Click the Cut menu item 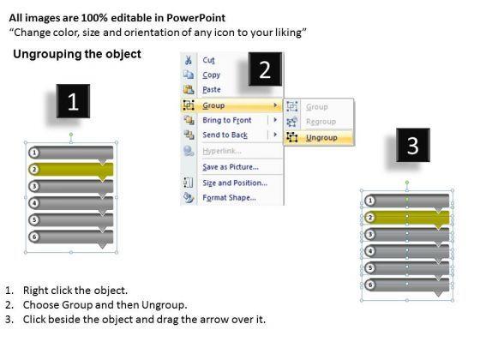pyautogui.click(x=208, y=60)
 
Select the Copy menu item pyautogui.click(x=211, y=75)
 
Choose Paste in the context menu pyautogui.click(x=212, y=90)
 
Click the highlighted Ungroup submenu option pyautogui.click(x=321, y=138)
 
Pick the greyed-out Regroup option pyautogui.click(x=321, y=122)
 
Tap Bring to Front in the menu pyautogui.click(x=227, y=120)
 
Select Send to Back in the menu pyautogui.click(x=225, y=135)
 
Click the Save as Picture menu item pyautogui.click(x=231, y=167)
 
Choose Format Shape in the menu pyautogui.click(x=230, y=198)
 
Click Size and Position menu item pyautogui.click(x=235, y=183)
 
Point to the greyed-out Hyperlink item pyautogui.click(x=222, y=151)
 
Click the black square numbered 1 pyautogui.click(x=73, y=101)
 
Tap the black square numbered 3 pyautogui.click(x=413, y=145)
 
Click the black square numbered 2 pyautogui.click(x=265, y=69)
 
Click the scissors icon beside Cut pyautogui.click(x=189, y=60)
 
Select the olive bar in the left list pyautogui.click(x=71, y=170)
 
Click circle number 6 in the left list pyautogui.click(x=34, y=237)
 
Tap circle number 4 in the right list pyautogui.click(x=370, y=251)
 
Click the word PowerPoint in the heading pyautogui.click(x=196, y=18)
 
